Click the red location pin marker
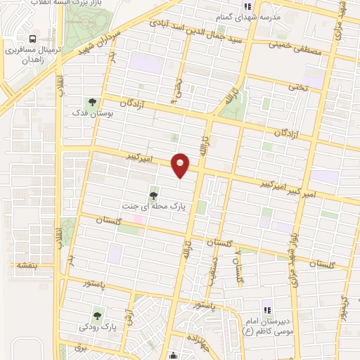tap(181, 165)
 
